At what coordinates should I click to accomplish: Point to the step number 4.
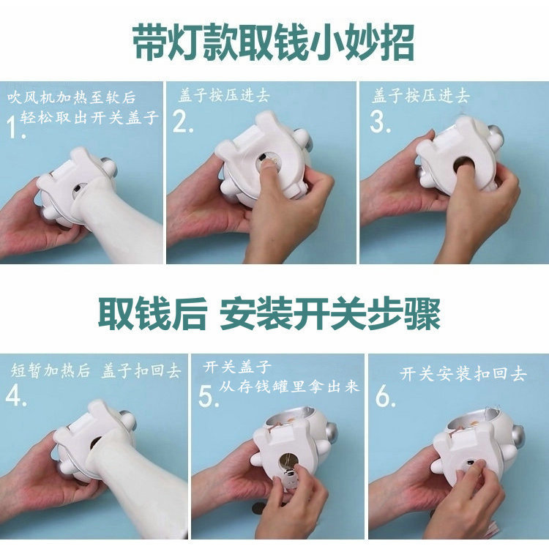tap(16, 395)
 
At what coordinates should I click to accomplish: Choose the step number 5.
tap(209, 396)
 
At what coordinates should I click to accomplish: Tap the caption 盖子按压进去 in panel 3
tap(421, 95)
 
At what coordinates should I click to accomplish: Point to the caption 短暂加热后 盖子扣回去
tap(95, 370)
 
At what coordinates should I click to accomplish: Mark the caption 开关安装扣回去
tap(463, 373)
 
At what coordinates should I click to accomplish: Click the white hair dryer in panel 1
tap(117, 220)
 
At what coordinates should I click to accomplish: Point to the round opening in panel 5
tap(288, 462)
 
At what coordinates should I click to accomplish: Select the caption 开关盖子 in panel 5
tap(238, 366)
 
